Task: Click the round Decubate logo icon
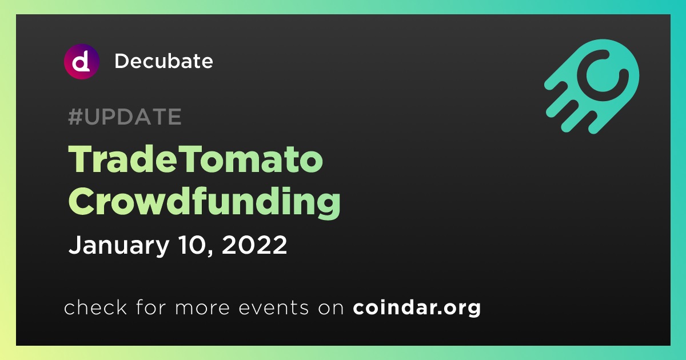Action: pyautogui.click(x=82, y=62)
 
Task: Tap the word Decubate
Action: pyautogui.click(x=163, y=61)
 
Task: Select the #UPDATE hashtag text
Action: pyautogui.click(x=125, y=117)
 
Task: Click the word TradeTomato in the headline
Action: pyautogui.click(x=196, y=159)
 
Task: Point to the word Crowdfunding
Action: pyautogui.click(x=204, y=202)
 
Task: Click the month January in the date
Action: pyautogui.click(x=119, y=246)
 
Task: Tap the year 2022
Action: pyautogui.click(x=254, y=245)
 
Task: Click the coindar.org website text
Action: pyautogui.click(x=417, y=308)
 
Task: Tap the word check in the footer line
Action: pyautogui.click(x=95, y=307)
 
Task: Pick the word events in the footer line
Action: pyautogui.click(x=273, y=308)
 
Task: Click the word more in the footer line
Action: pyautogui.click(x=202, y=309)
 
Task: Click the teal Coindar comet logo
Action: pyautogui.click(x=592, y=87)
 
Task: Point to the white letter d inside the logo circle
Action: pyautogui.click(x=81, y=62)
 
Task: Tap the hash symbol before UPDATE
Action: pyautogui.click(x=75, y=117)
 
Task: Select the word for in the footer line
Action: pyautogui.click(x=151, y=307)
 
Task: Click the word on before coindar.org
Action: pyautogui.click(x=331, y=309)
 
